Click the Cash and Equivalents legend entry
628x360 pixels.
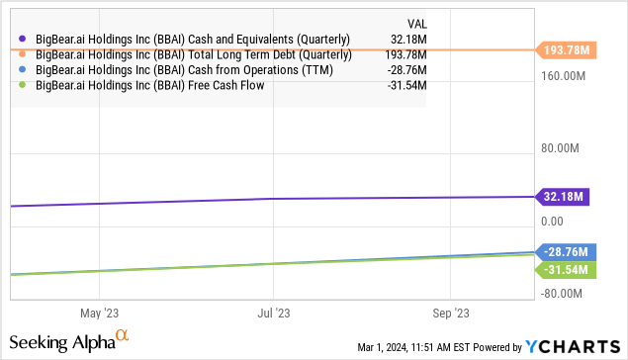194,39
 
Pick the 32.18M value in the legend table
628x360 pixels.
407,39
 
